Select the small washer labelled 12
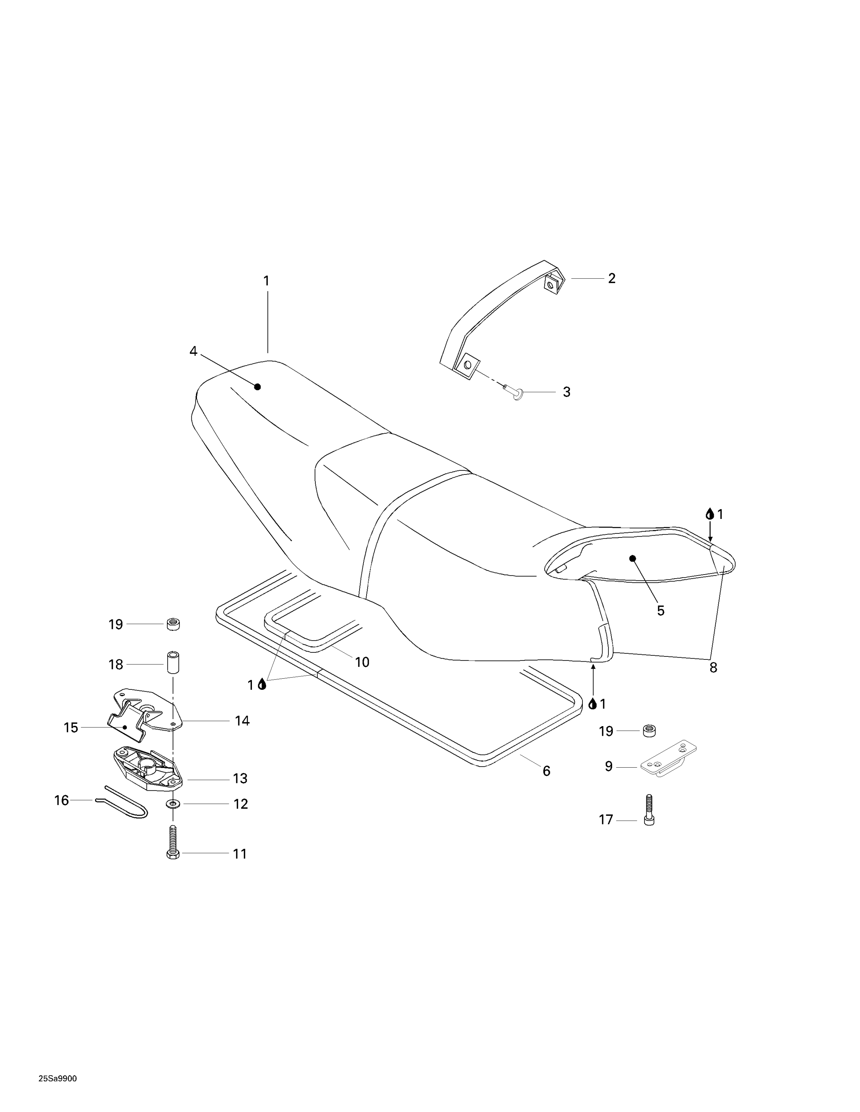click(173, 804)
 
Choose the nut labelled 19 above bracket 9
click(649, 731)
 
